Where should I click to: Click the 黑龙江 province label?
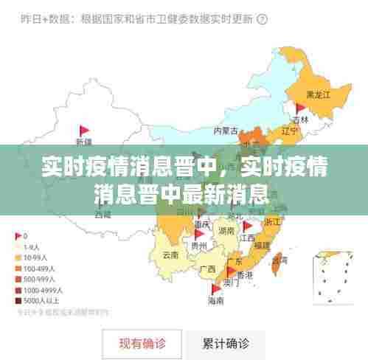[318, 95]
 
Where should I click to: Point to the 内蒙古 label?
[226, 131]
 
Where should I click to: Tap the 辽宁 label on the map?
[290, 131]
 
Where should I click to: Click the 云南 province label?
[170, 255]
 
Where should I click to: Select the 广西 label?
[208, 269]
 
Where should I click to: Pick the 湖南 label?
[226, 232]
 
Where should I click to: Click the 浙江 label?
[272, 221]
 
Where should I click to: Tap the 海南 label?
[216, 301]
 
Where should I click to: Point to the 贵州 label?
[198, 246]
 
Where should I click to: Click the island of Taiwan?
[279, 259]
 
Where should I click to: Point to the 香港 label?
[243, 274]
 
